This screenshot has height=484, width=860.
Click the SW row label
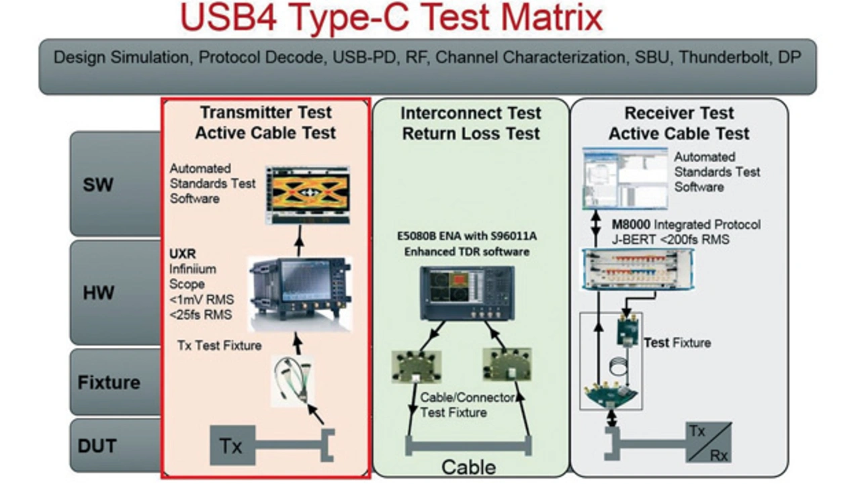(x=98, y=185)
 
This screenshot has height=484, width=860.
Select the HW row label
(x=98, y=293)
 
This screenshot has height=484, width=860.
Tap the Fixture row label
(x=109, y=383)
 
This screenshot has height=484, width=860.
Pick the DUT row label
(x=97, y=446)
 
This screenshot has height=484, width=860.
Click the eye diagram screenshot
(x=308, y=195)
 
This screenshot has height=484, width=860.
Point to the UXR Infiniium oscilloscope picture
(x=300, y=294)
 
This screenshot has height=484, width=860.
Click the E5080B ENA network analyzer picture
(x=467, y=293)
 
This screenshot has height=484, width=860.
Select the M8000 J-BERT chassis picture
(x=638, y=269)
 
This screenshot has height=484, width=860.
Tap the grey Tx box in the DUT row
(x=232, y=445)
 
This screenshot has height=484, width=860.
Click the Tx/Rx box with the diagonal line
(x=709, y=442)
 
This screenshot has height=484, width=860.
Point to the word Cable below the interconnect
(x=468, y=467)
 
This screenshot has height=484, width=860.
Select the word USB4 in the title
(x=228, y=17)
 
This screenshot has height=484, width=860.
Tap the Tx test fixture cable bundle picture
(x=292, y=381)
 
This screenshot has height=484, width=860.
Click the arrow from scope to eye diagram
(x=300, y=241)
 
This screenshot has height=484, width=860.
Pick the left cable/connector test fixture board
(x=417, y=367)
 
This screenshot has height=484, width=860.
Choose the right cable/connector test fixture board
(x=507, y=365)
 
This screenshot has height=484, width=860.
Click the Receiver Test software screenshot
(x=625, y=179)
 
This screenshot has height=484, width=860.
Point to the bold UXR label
(x=183, y=254)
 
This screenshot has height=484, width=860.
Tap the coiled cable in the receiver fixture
(x=619, y=367)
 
